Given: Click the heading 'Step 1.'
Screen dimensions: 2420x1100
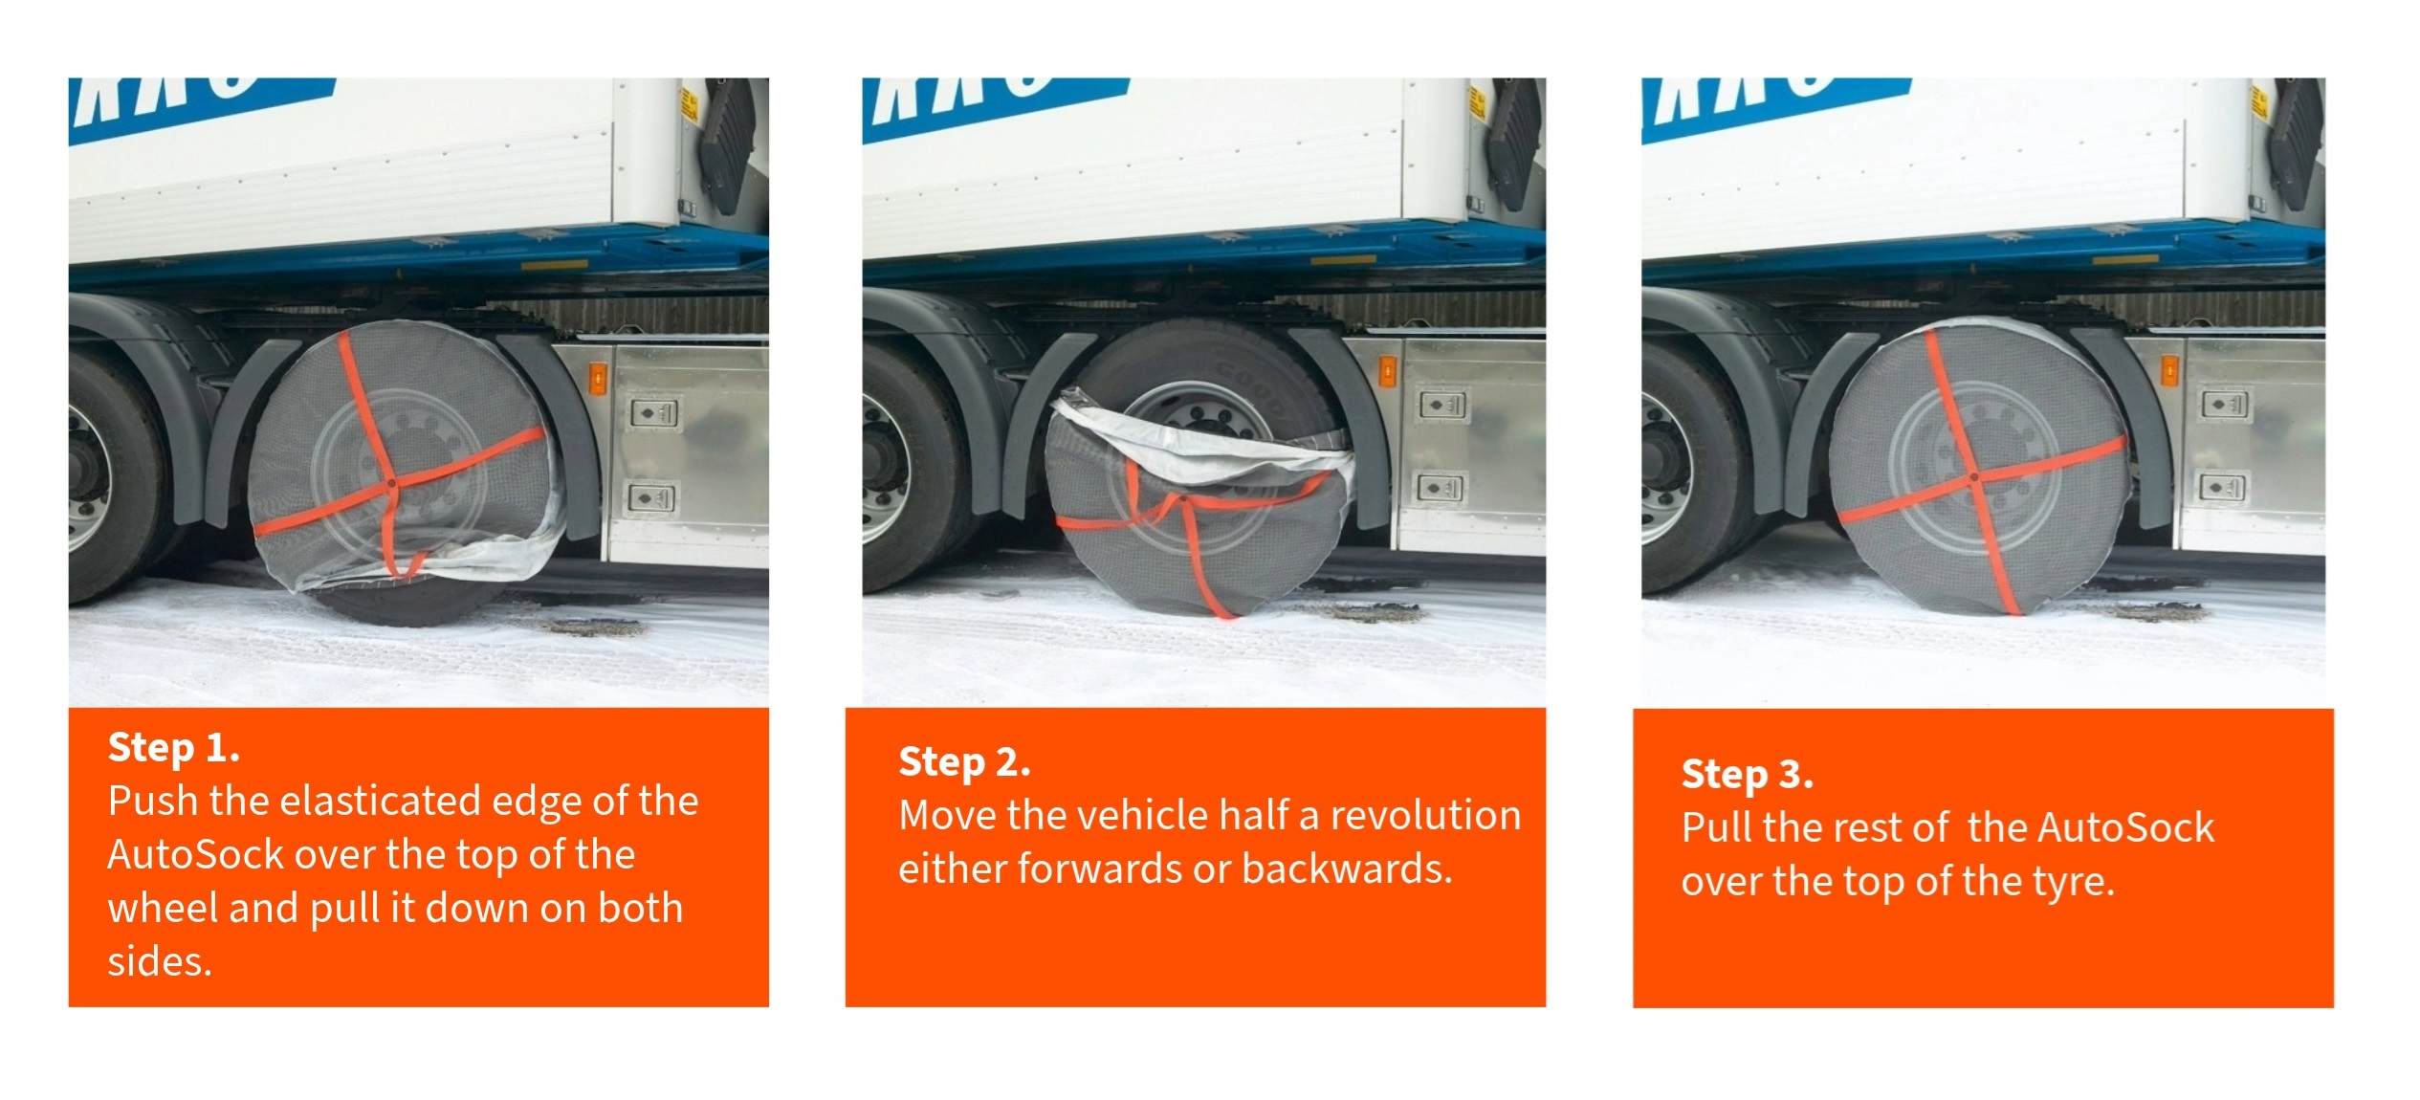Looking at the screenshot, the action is [173, 748].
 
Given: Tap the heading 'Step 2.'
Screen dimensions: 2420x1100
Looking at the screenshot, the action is [964, 763].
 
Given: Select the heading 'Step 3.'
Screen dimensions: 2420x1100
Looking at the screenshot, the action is [1747, 775].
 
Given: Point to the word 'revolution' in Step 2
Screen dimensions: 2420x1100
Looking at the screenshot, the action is [1425, 816].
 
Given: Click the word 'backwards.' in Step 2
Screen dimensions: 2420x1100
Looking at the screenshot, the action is [1347, 869].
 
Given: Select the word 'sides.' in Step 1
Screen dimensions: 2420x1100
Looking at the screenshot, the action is [159, 961].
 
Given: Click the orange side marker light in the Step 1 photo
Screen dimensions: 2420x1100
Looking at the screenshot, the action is [598, 378].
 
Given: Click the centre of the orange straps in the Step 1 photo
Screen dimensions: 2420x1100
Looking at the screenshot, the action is [391, 485].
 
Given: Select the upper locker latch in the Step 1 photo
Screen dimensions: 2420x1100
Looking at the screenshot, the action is [654, 413].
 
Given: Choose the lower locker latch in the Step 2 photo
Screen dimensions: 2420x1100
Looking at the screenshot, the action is [1440, 488].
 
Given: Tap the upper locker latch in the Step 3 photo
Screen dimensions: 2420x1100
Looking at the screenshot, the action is [2224, 405].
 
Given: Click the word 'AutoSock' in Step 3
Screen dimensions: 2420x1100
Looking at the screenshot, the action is [2126, 828].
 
